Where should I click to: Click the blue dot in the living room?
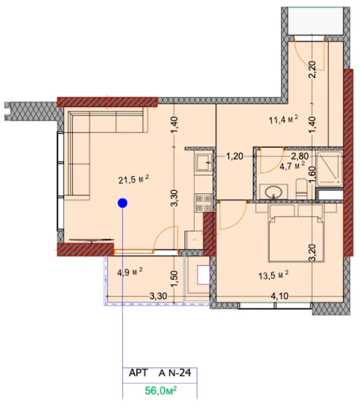tap(122, 203)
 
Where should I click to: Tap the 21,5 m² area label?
tap(133, 179)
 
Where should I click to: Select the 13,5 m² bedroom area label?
tap(274, 275)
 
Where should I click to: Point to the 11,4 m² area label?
tap(283, 120)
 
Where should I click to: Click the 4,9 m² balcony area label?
tap(130, 272)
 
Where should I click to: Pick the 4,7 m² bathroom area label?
tap(292, 166)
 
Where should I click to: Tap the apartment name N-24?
tap(179, 373)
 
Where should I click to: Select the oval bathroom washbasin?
tap(274, 192)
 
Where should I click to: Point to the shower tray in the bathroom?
tap(329, 169)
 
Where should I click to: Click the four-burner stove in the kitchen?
tap(204, 203)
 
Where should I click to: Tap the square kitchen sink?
tap(204, 163)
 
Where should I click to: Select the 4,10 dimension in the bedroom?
tap(279, 296)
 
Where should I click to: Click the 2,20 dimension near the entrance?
tap(313, 69)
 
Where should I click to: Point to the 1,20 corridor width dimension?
tap(234, 156)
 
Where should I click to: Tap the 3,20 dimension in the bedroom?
tap(312, 252)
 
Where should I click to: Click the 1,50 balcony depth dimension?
tap(174, 279)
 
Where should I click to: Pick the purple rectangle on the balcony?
tap(204, 275)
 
